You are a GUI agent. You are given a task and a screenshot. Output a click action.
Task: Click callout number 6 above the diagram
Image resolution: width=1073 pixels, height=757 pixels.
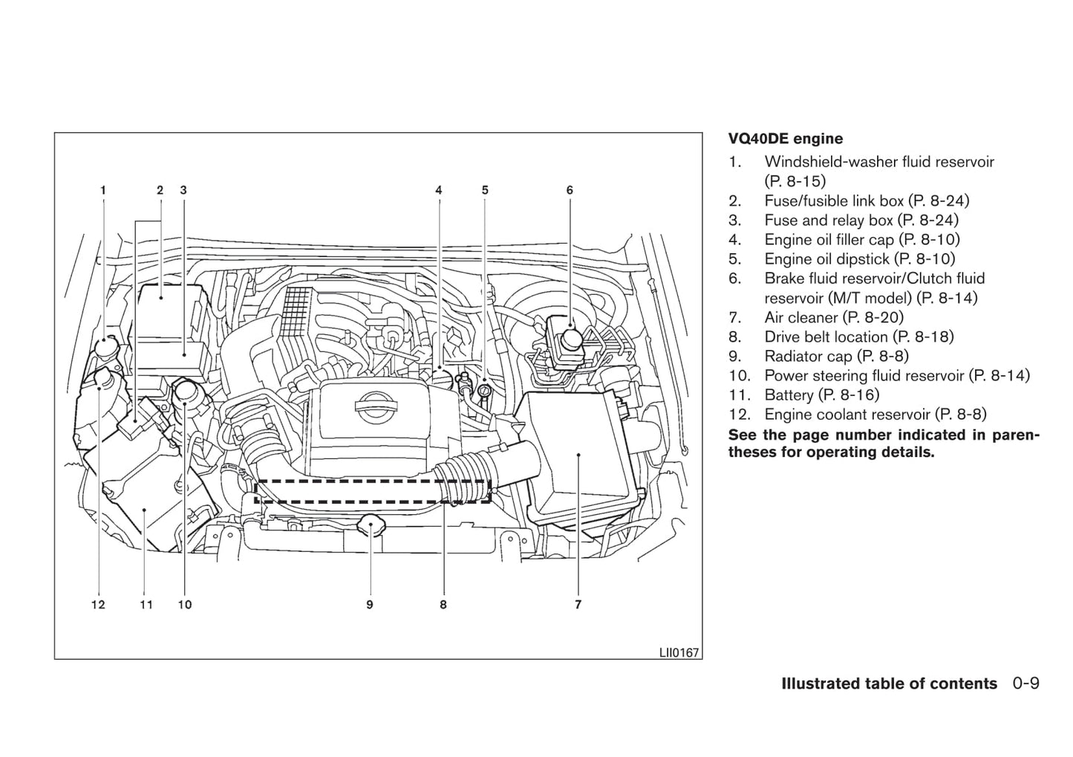(570, 190)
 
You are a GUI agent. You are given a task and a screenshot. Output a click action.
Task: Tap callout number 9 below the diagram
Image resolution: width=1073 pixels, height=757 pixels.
(369, 605)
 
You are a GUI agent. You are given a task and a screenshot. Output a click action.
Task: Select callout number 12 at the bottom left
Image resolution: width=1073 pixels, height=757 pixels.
(98, 605)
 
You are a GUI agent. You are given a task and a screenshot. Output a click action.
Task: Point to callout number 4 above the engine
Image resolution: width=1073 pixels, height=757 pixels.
(439, 190)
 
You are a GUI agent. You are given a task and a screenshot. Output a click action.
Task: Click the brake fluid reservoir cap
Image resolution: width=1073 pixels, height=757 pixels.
(570, 339)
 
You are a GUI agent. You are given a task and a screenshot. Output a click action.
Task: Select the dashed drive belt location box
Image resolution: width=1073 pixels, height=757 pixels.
(372, 491)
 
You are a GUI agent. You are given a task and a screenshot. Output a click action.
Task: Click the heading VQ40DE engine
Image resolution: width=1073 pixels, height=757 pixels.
(785, 139)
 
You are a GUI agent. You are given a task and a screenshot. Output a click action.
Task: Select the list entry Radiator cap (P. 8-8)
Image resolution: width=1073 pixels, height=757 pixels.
(836, 357)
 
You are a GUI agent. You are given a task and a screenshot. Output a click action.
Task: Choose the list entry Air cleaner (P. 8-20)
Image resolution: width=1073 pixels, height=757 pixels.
(833, 318)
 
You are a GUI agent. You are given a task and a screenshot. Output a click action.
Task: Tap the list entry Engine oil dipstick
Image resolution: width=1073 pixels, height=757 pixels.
(859, 259)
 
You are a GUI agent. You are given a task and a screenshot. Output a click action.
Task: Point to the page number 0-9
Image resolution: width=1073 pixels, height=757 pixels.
(1025, 684)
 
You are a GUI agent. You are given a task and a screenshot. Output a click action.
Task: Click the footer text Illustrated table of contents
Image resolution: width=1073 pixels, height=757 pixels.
(889, 684)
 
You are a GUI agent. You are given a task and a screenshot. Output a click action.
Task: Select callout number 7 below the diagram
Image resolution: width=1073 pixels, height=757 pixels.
(578, 605)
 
